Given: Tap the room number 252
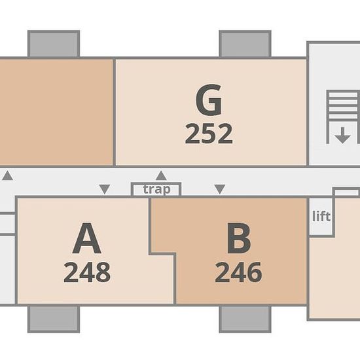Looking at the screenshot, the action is pyautogui.click(x=209, y=134).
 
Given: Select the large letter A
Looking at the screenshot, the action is pyautogui.click(x=86, y=238).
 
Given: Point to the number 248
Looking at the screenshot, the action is pyautogui.click(x=87, y=272).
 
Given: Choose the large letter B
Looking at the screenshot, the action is pyautogui.click(x=238, y=238).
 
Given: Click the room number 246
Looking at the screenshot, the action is pyautogui.click(x=238, y=272).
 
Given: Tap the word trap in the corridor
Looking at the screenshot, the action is pyautogui.click(x=156, y=189).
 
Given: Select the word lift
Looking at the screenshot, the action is pyautogui.click(x=321, y=216).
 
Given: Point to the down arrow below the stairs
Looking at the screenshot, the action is pyautogui.click(x=342, y=135).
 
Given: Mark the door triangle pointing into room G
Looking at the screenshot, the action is pyautogui.click(x=161, y=175).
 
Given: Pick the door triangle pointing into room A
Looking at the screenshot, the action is pyautogui.click(x=105, y=189).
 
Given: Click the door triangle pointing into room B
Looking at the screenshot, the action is pyautogui.click(x=220, y=189).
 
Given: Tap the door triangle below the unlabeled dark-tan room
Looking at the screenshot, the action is pyautogui.click(x=8, y=175).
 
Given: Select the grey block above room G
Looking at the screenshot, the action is pyautogui.click(x=245, y=44).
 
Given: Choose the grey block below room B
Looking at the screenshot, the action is pyautogui.click(x=245, y=319).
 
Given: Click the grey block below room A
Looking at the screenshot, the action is pyautogui.click(x=54, y=319).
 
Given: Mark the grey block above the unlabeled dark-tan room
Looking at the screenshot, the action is pyautogui.click(x=54, y=44).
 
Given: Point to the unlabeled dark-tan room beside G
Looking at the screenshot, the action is pyautogui.click(x=56, y=112).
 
